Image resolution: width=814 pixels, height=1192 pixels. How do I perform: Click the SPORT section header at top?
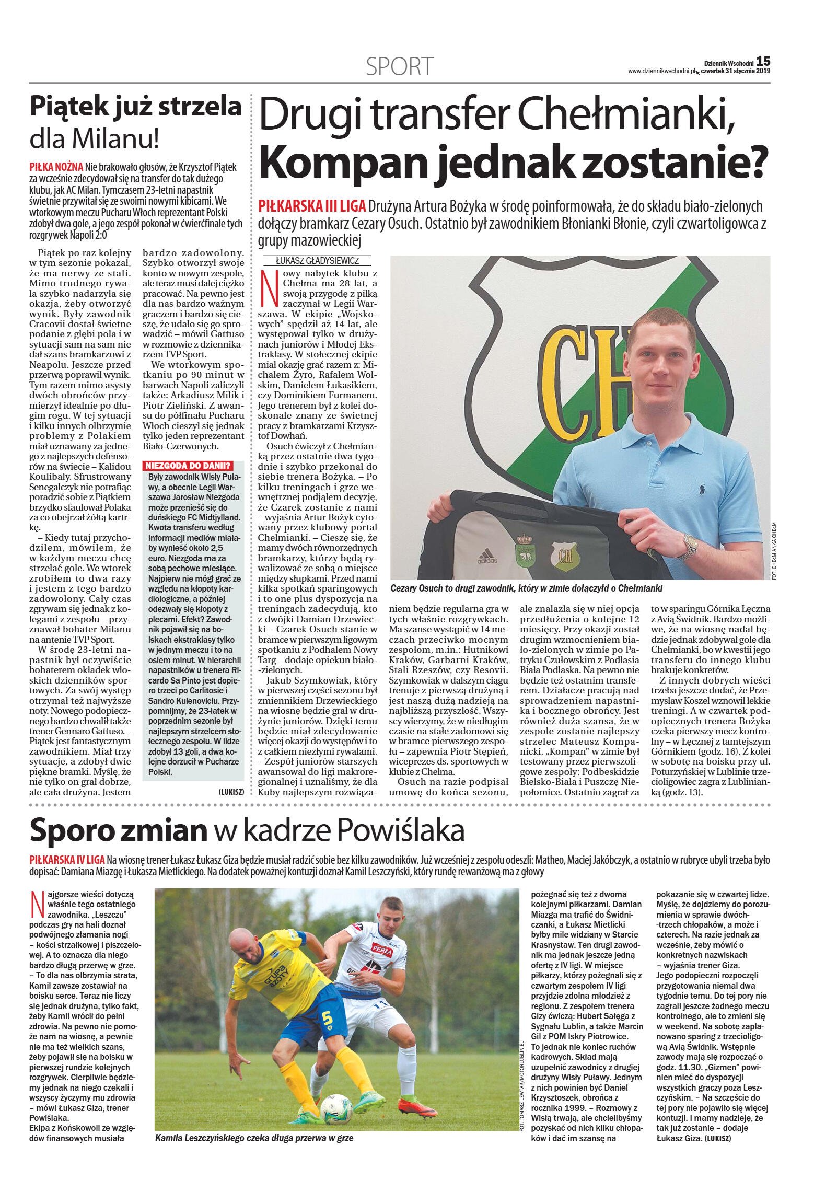(399, 66)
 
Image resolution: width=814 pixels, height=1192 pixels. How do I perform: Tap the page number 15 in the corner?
(763, 62)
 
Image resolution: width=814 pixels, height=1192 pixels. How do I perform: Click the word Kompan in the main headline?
(344, 163)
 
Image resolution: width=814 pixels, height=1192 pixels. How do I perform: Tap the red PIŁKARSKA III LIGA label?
(312, 206)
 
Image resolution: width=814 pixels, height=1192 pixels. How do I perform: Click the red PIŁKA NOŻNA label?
(56, 167)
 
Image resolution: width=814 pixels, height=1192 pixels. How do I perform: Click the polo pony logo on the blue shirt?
(699, 490)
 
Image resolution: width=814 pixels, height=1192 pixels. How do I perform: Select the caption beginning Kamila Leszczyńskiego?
(254, 1138)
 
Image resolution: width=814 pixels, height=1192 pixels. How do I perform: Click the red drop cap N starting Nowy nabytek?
(269, 288)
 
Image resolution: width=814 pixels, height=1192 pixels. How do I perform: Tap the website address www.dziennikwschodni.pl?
(661, 72)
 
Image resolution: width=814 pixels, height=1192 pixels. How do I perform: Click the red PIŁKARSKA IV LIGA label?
(67, 860)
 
